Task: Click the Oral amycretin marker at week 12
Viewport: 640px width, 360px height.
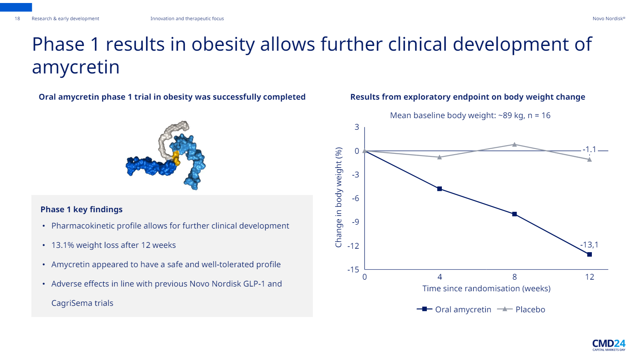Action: coord(589,255)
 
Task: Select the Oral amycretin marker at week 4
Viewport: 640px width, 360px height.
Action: coord(439,189)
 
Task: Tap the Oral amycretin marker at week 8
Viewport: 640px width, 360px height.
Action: coord(514,214)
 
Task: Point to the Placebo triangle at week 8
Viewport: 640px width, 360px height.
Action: coord(514,144)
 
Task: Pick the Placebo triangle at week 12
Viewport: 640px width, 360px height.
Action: coord(589,159)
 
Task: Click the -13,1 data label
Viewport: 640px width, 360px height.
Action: coord(589,245)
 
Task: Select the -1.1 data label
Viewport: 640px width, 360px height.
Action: coord(589,149)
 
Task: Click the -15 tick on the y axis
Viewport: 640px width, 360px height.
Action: coord(353,270)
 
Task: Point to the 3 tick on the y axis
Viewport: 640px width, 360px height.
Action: coord(357,127)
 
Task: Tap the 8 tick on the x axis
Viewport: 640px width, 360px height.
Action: coord(514,277)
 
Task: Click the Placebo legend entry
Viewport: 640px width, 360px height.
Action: coord(530,309)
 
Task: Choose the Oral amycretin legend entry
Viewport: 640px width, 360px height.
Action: coord(462,309)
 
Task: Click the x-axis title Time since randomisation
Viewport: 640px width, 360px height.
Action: coord(486,289)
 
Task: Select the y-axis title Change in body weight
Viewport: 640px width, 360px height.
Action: coord(339,197)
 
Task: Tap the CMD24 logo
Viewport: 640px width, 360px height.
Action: coord(609,345)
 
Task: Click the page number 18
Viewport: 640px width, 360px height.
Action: coord(17,18)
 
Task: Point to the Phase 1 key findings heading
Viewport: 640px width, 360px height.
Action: coord(81,209)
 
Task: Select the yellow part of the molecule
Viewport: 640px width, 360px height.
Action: coord(176,157)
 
